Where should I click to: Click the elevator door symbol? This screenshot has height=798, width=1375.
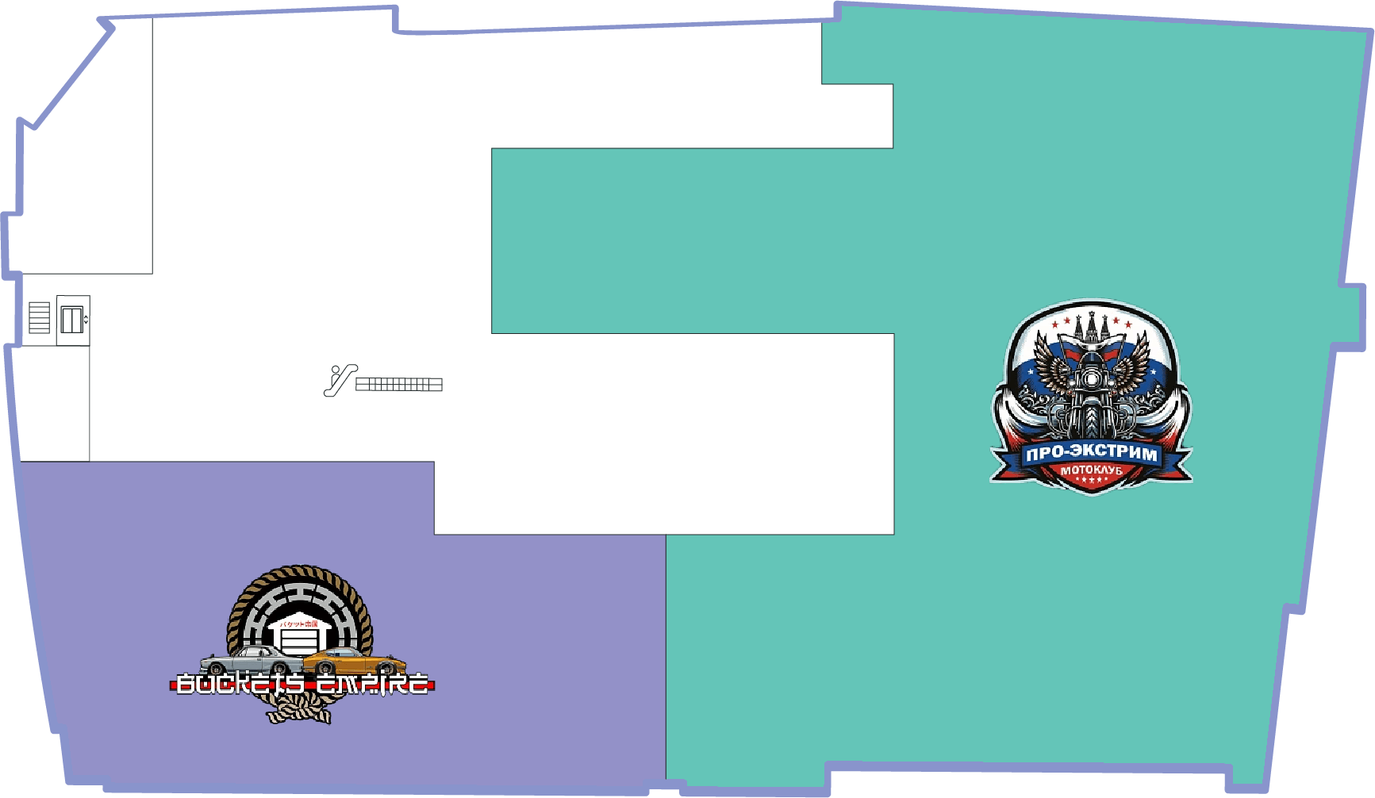pyautogui.click(x=71, y=320)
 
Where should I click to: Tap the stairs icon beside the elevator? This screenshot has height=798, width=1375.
pyautogui.click(x=39, y=318)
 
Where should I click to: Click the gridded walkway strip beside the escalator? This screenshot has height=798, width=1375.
pyautogui.click(x=399, y=385)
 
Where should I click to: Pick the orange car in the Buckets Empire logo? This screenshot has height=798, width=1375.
pyautogui.click(x=355, y=661)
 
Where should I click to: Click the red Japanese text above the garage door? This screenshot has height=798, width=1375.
pyautogui.click(x=299, y=623)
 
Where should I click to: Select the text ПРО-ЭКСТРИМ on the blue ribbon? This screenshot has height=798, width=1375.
pyautogui.click(x=1091, y=454)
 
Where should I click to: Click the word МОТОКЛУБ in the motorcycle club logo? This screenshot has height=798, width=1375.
pyautogui.click(x=1092, y=470)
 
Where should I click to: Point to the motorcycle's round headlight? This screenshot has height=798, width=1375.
pyautogui.click(x=1092, y=378)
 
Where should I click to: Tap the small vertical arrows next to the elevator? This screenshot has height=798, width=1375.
pyautogui.click(x=86, y=320)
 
